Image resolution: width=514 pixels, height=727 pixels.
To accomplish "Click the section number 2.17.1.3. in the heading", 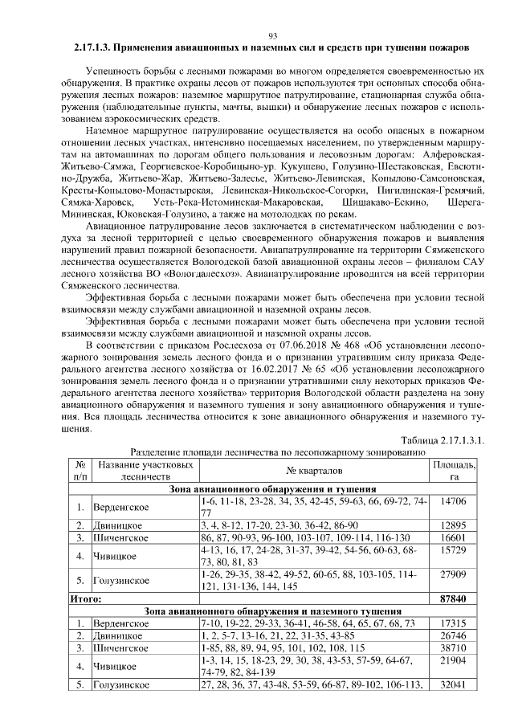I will click(x=96, y=48).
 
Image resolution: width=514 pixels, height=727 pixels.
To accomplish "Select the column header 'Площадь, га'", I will click(x=454, y=471).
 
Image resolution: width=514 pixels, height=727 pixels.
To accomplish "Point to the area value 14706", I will click(x=454, y=500).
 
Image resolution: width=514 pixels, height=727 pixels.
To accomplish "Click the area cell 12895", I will click(x=454, y=525).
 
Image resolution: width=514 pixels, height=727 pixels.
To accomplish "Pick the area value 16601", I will click(x=454, y=537).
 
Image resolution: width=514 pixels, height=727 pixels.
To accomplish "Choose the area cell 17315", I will click(x=454, y=623).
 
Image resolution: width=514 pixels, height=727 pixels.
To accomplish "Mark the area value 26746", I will click(x=454, y=635).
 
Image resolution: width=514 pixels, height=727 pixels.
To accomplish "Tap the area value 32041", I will click(x=454, y=685).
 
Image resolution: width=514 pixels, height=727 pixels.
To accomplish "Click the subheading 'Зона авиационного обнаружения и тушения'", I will click(x=274, y=488).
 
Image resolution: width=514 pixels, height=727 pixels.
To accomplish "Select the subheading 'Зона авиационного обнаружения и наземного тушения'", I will click(x=274, y=611).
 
